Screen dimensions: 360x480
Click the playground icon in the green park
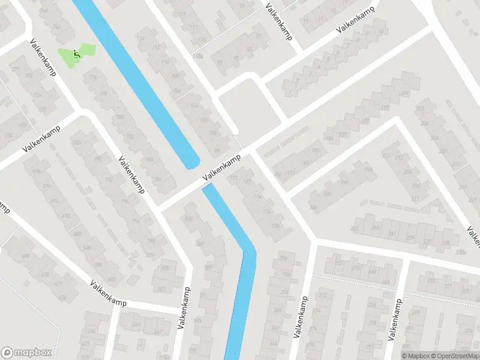[76, 54]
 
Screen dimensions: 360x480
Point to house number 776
[92, 77]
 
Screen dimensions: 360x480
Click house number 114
[140, 38]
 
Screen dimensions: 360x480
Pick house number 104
[193, 105]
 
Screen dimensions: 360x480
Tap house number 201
[404, 94]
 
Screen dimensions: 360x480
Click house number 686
[87, 247]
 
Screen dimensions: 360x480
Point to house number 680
[26, 256]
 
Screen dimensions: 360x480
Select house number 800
[165, 268]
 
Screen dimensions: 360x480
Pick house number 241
[392, 233]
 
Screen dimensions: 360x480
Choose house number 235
[445, 242]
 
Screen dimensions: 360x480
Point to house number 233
[431, 280]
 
